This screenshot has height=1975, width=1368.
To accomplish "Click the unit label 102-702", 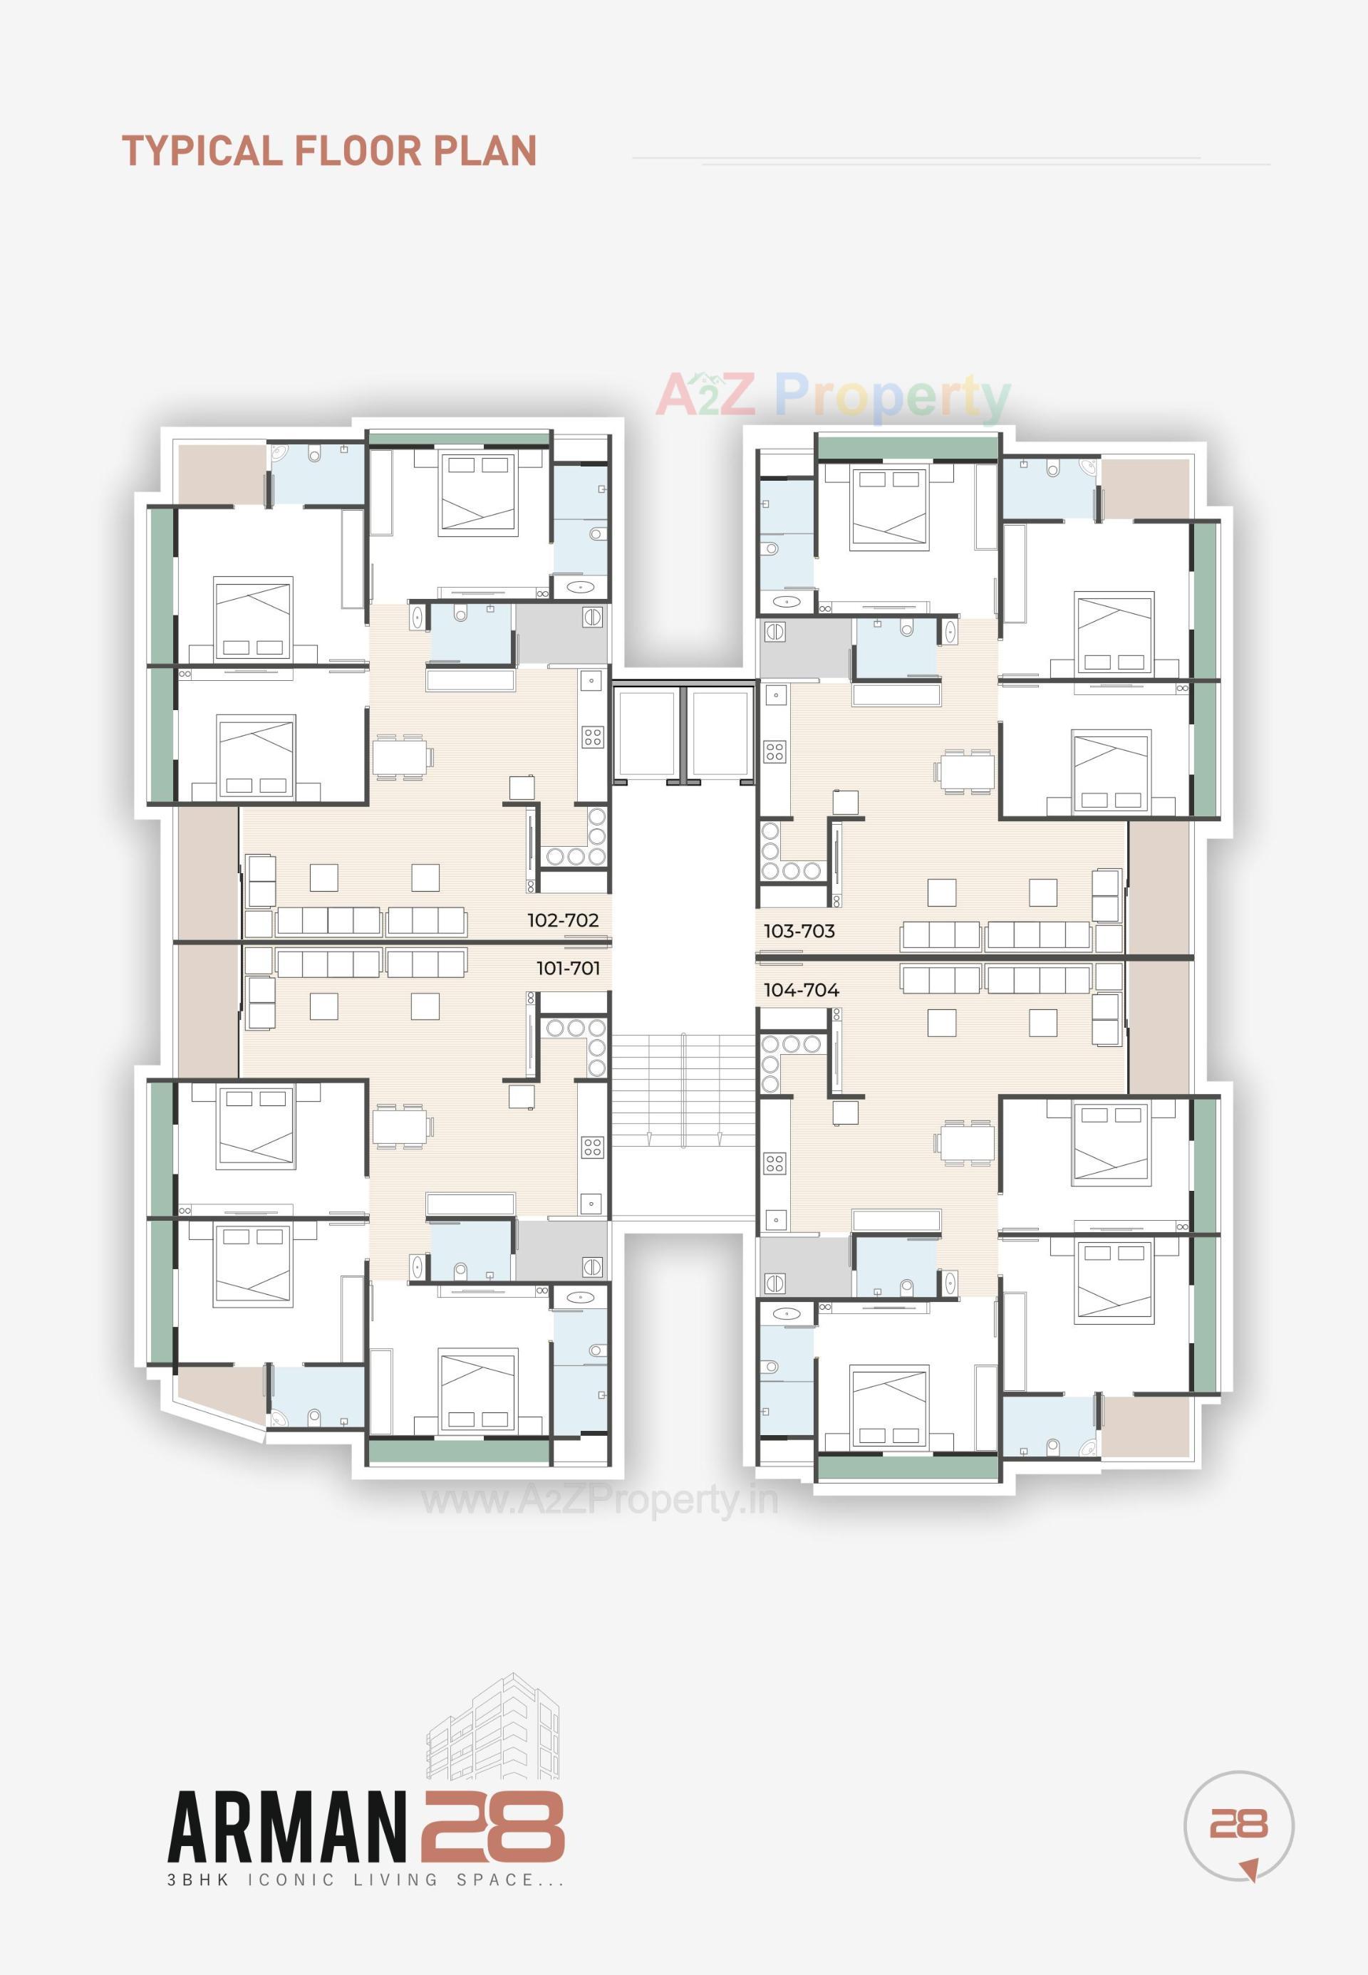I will [562, 920].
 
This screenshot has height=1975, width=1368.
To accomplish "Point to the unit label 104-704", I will [801, 990].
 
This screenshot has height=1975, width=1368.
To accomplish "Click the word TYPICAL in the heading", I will [202, 151].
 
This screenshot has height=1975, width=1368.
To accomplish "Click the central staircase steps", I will [683, 1088].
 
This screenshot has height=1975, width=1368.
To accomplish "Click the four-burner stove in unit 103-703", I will [775, 752].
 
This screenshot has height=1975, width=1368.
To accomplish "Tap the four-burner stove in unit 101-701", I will [592, 1147].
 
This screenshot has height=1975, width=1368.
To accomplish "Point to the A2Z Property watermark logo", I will [833, 396].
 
